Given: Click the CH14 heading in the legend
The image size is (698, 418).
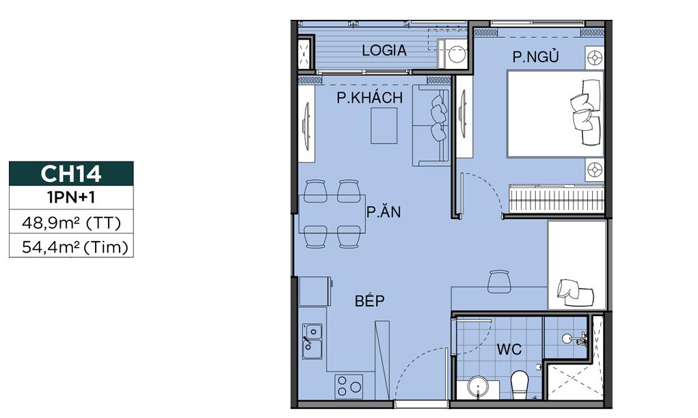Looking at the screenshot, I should coord(71,174).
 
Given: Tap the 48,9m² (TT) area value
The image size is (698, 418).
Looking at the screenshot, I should coord(71,223).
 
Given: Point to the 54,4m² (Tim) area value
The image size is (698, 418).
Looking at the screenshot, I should coord(71,246).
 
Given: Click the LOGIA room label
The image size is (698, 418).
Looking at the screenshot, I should coord(384,50).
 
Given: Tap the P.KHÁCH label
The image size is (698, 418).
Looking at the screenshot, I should coord(369,98).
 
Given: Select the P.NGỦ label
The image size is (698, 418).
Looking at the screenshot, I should coord(536,57).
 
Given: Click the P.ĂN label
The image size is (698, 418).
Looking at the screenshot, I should coord(383,212).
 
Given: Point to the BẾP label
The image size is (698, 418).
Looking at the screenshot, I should coord(370,301).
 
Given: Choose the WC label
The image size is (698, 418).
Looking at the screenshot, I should coord(509,350).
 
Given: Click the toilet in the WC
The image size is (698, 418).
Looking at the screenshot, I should coord(520,383).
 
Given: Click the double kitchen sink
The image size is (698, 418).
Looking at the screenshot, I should coord(312,341).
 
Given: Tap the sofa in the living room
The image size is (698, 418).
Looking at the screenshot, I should coord(431,127).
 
